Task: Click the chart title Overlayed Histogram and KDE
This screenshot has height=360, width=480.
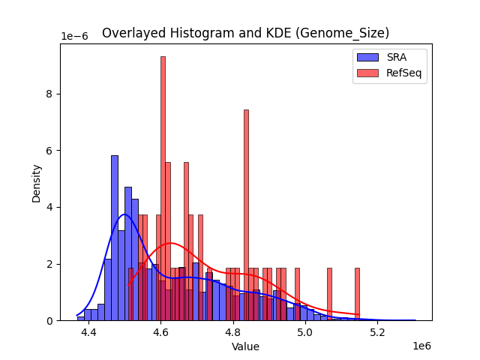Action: pos(245,33)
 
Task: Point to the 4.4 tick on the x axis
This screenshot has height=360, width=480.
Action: pos(88,331)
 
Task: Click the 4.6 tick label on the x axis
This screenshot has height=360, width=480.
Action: pos(160,331)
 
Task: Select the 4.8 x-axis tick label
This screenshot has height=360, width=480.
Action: pos(232,331)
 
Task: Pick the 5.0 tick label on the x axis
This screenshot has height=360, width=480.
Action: pos(304,331)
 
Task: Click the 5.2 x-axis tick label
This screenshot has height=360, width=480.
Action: pos(376,331)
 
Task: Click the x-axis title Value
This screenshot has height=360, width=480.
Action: pos(245,346)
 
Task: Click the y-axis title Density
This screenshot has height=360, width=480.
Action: pos(36,182)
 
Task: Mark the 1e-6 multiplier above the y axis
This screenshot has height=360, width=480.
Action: pos(73,37)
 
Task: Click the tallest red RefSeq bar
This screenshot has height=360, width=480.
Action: pos(163,187)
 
